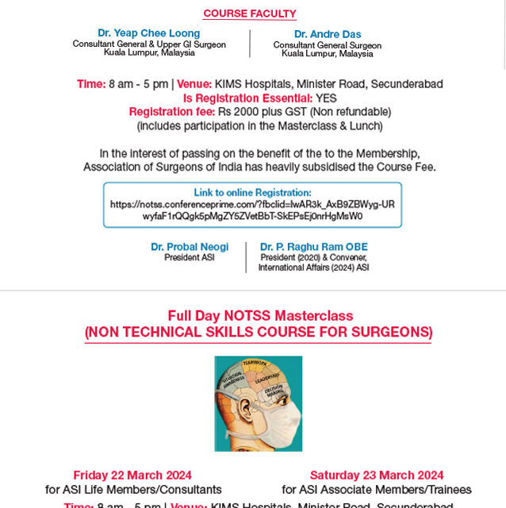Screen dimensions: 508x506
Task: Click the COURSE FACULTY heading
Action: [x=250, y=13]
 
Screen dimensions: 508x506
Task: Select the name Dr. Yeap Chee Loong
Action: [x=148, y=33]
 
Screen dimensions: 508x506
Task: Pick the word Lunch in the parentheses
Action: [x=365, y=125]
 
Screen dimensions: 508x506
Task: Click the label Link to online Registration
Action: [x=252, y=193]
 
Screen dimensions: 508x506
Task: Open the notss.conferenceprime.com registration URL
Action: [x=252, y=210]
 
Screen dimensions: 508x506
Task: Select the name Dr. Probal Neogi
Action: [x=190, y=247]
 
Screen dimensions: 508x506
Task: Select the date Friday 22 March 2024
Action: [x=132, y=475]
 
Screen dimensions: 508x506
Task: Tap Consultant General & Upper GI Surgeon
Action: [x=149, y=44]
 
